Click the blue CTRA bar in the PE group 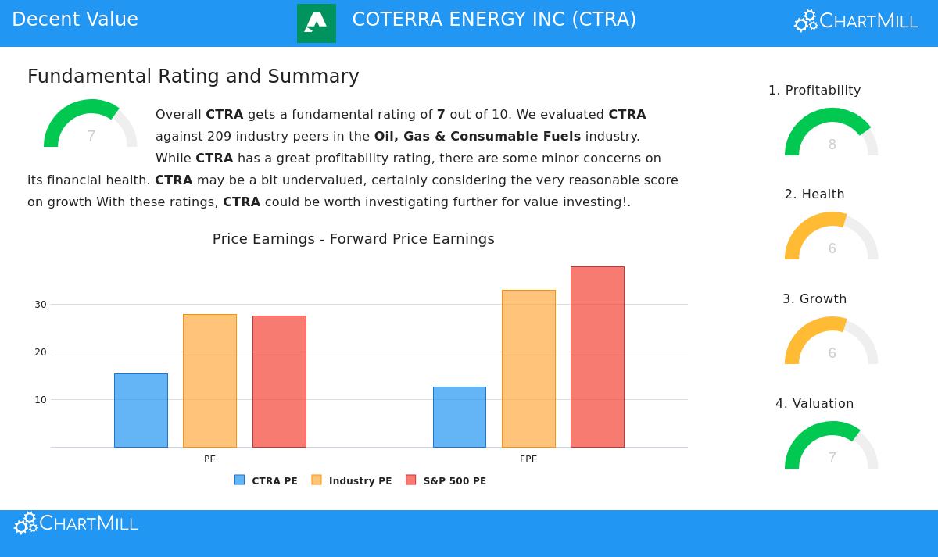coord(141,410)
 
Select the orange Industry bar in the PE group coord(209,380)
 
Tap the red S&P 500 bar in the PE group coord(279,381)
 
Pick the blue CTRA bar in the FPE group coord(460,417)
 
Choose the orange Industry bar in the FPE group coord(528,369)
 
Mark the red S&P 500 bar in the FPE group coord(597,357)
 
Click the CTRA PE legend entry coord(266,480)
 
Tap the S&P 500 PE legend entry coord(446,480)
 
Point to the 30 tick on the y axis coord(41,305)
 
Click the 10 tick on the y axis coord(41,400)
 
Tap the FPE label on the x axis coord(528,459)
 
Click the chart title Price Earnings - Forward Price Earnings coord(353,239)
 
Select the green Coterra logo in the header coord(317,23)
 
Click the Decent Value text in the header coord(75,20)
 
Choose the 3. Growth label coord(814,299)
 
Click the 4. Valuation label coord(814,404)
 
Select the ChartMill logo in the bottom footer coord(77,523)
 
